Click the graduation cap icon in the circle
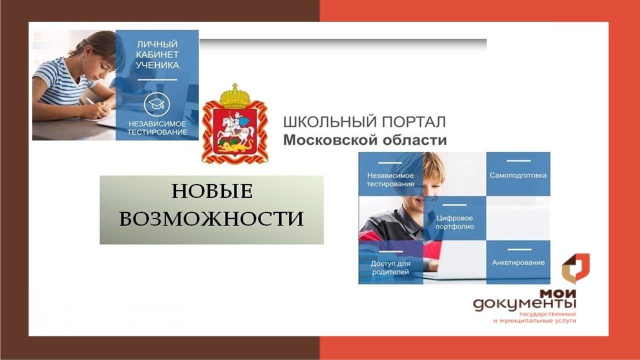pyautogui.click(x=157, y=104)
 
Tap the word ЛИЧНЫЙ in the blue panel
pyautogui.click(x=157, y=44)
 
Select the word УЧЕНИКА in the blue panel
pyautogui.click(x=157, y=65)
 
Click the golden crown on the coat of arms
pyautogui.click(x=235, y=96)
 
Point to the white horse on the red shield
pyautogui.click(x=236, y=132)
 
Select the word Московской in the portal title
pyautogui.click(x=330, y=140)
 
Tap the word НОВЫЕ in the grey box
pyautogui.click(x=212, y=191)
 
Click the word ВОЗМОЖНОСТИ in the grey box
pyautogui.click(x=211, y=218)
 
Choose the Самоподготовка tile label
pyautogui.click(x=518, y=175)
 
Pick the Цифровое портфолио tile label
pyautogui.click(x=454, y=222)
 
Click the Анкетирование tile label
pyautogui.click(x=518, y=262)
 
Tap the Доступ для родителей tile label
pyautogui.click(x=390, y=267)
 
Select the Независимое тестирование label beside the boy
pyautogui.click(x=390, y=179)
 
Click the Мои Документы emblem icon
pyautogui.click(x=575, y=268)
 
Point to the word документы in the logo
pyautogui.click(x=524, y=304)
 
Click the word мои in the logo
pyautogui.click(x=557, y=293)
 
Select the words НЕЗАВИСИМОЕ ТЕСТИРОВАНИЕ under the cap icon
pyautogui.click(x=157, y=128)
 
